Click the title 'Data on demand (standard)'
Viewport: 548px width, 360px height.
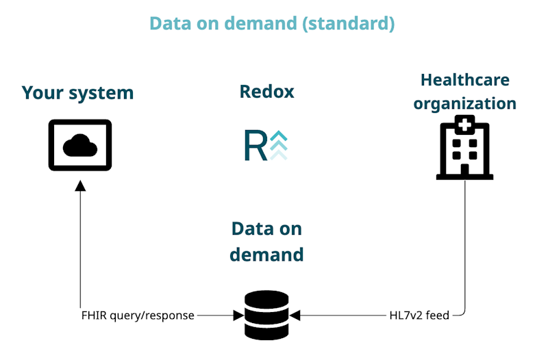(272, 23)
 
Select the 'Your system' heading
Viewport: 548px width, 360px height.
(77, 92)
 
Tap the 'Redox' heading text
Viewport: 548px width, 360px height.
(266, 91)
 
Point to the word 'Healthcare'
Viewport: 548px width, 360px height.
(465, 79)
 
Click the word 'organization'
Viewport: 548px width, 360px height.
(465, 104)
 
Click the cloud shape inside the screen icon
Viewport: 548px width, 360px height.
(80, 144)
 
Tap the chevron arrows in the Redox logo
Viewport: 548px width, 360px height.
(278, 145)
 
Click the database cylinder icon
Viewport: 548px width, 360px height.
(266, 315)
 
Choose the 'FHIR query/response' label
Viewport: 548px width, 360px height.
(137, 316)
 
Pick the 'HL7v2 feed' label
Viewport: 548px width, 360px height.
(418, 316)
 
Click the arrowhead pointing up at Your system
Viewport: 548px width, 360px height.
(80, 185)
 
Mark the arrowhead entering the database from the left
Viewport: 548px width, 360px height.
(238, 316)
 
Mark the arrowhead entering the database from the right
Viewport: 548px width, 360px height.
(295, 316)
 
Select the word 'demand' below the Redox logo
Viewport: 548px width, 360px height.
(266, 255)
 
